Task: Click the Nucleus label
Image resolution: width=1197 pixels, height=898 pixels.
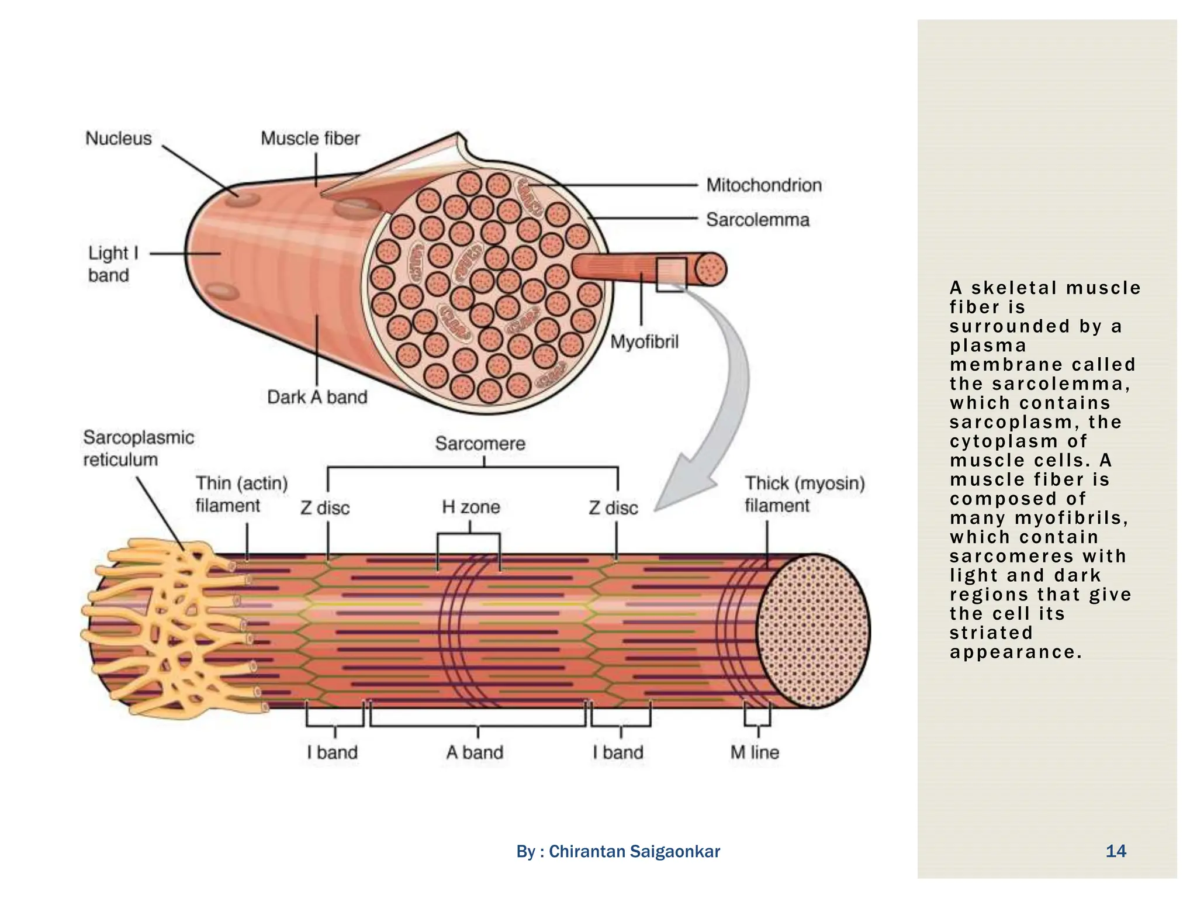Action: [x=118, y=139]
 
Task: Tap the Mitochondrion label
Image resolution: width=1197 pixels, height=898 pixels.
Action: [x=763, y=185]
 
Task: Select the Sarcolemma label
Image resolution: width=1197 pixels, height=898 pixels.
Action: [x=757, y=220]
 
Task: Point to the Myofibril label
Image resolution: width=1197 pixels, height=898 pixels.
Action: [x=644, y=341]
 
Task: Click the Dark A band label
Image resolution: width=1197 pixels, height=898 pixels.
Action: [x=317, y=397]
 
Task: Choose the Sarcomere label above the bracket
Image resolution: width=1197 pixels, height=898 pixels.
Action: [x=480, y=444]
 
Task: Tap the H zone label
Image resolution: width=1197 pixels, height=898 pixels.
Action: [x=471, y=507]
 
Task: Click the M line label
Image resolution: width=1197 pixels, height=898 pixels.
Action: [x=755, y=752]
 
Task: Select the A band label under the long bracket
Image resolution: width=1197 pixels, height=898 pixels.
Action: [x=475, y=752]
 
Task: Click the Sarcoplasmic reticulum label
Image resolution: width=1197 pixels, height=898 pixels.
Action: [x=138, y=448]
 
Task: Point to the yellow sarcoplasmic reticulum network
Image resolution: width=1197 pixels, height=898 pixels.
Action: [x=169, y=626]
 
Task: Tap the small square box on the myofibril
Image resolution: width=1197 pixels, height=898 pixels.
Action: [x=671, y=274]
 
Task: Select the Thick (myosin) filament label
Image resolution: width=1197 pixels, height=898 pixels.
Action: [x=804, y=494]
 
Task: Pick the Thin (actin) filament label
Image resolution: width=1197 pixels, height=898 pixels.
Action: [x=241, y=494]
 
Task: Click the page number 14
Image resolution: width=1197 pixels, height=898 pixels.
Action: [x=1115, y=851]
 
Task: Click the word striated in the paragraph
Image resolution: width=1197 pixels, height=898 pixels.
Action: [x=991, y=633]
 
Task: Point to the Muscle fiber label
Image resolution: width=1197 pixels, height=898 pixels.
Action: [x=310, y=139]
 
